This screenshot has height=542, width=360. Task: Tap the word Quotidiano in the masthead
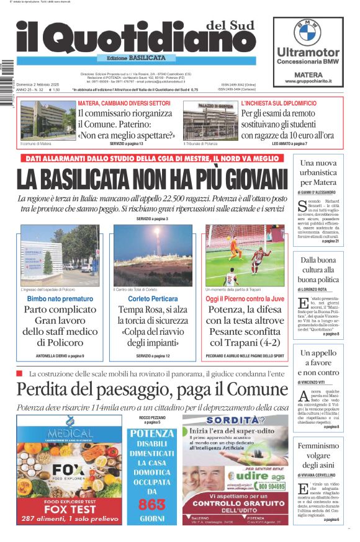tap(127, 39)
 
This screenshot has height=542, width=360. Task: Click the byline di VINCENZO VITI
tap(318, 383)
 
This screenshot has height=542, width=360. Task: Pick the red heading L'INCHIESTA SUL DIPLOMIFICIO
tap(278, 103)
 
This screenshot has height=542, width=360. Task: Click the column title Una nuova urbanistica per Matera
tap(318, 172)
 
